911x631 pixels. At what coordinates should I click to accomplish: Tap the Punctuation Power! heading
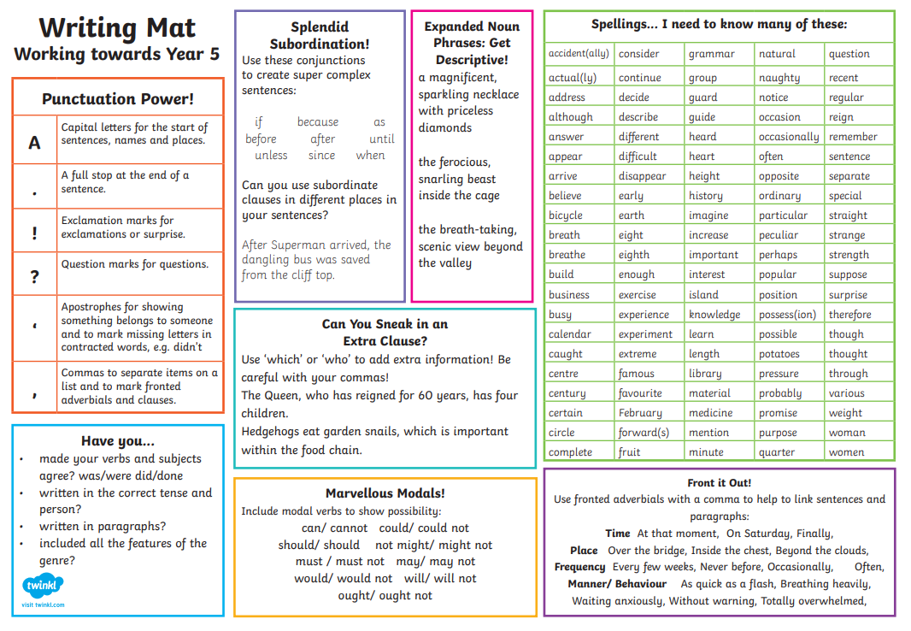point(118,99)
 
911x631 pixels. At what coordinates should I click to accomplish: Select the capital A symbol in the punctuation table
point(34,142)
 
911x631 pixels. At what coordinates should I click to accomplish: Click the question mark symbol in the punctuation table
point(34,274)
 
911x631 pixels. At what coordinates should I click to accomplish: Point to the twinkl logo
point(43,587)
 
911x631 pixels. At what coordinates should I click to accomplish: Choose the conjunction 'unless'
point(271,156)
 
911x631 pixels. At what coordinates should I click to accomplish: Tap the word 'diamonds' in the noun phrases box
point(444,127)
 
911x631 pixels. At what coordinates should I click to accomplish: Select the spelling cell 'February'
point(640,413)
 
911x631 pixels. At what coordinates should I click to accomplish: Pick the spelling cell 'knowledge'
point(714,315)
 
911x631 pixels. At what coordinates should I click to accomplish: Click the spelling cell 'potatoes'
point(779,354)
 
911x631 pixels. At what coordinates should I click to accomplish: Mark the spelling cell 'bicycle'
point(566,215)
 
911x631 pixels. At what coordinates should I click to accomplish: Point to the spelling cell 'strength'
point(849,255)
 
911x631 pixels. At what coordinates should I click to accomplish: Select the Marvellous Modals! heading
point(385,493)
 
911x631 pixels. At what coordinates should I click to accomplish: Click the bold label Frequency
point(579,567)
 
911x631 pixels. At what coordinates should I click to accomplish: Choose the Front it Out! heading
point(719,483)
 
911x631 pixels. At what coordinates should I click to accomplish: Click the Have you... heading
point(118,441)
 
